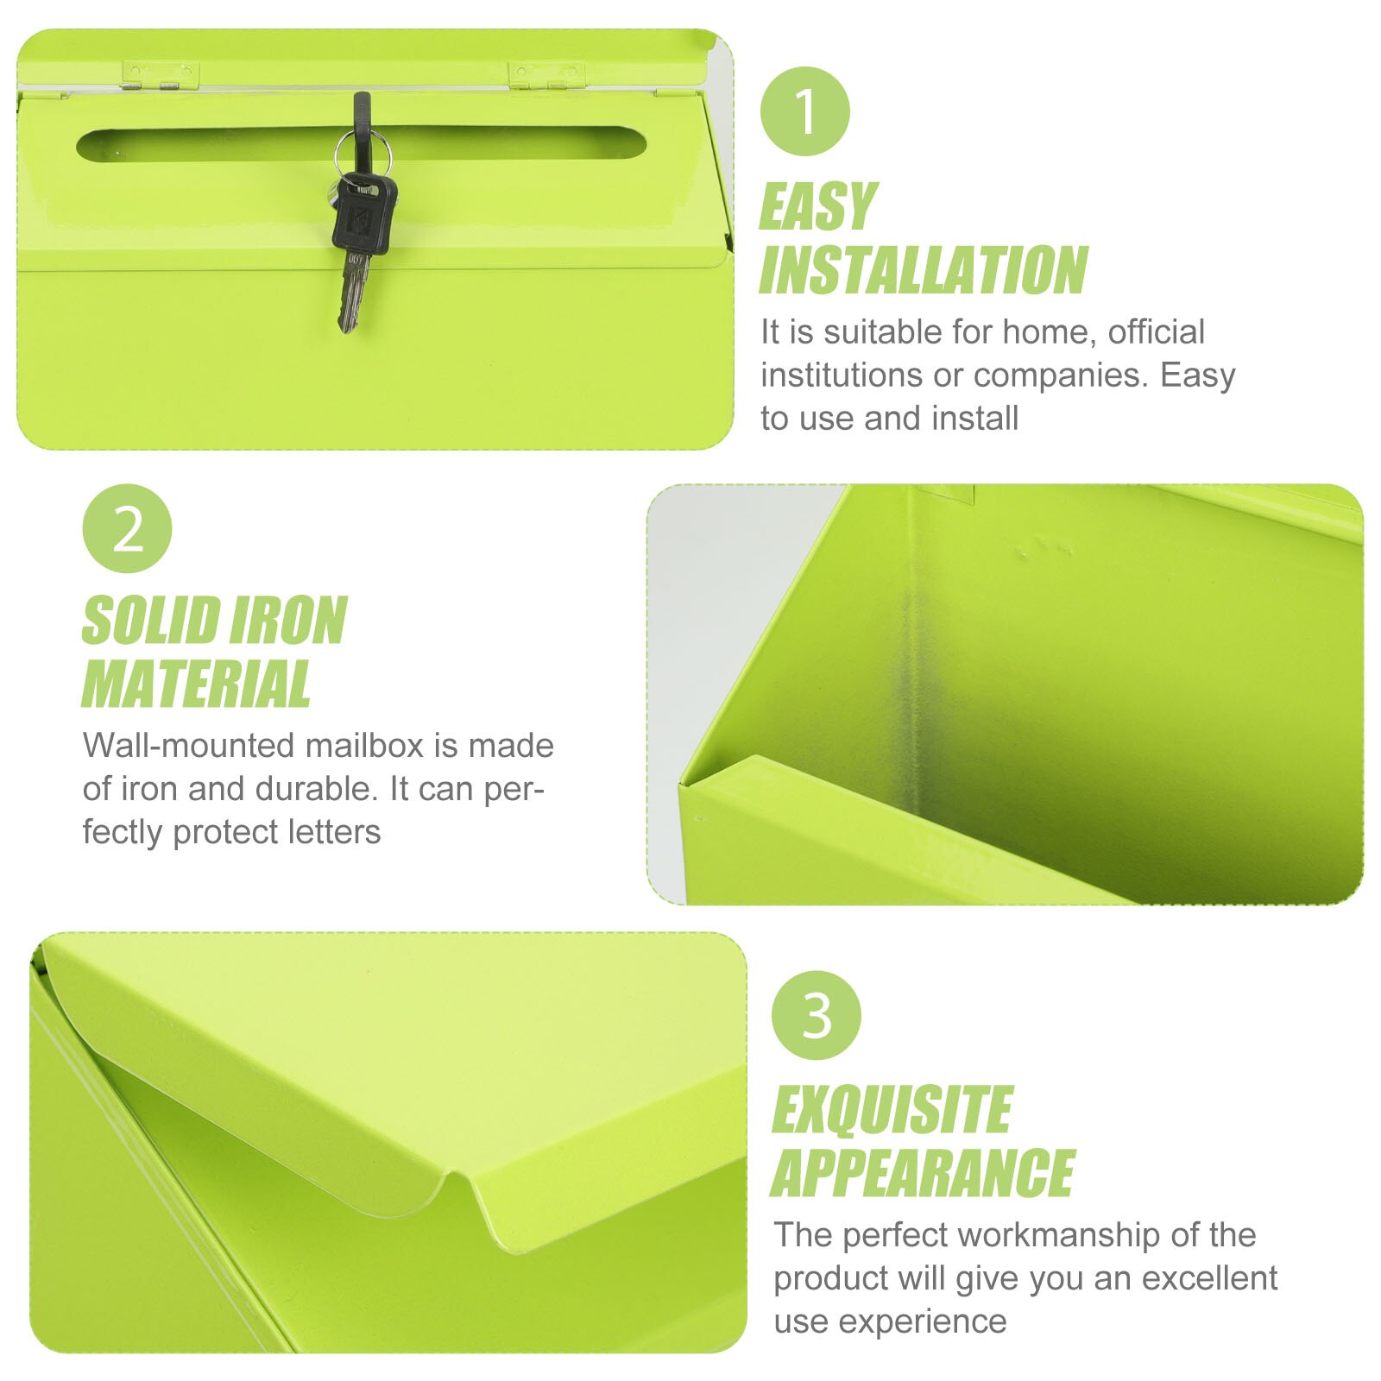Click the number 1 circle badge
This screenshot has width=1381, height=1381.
tap(804, 111)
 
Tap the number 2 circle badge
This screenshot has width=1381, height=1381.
tap(127, 528)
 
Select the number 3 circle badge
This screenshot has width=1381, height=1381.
tap(816, 1015)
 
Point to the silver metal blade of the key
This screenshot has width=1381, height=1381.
tap(354, 293)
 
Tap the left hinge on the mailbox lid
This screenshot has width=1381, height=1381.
tap(161, 76)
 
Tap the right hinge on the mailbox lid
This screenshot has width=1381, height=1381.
tap(546, 76)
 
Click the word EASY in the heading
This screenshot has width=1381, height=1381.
tap(817, 207)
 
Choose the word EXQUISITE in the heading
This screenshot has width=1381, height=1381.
tap(892, 1110)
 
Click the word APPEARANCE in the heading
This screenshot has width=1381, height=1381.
tap(922, 1174)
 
